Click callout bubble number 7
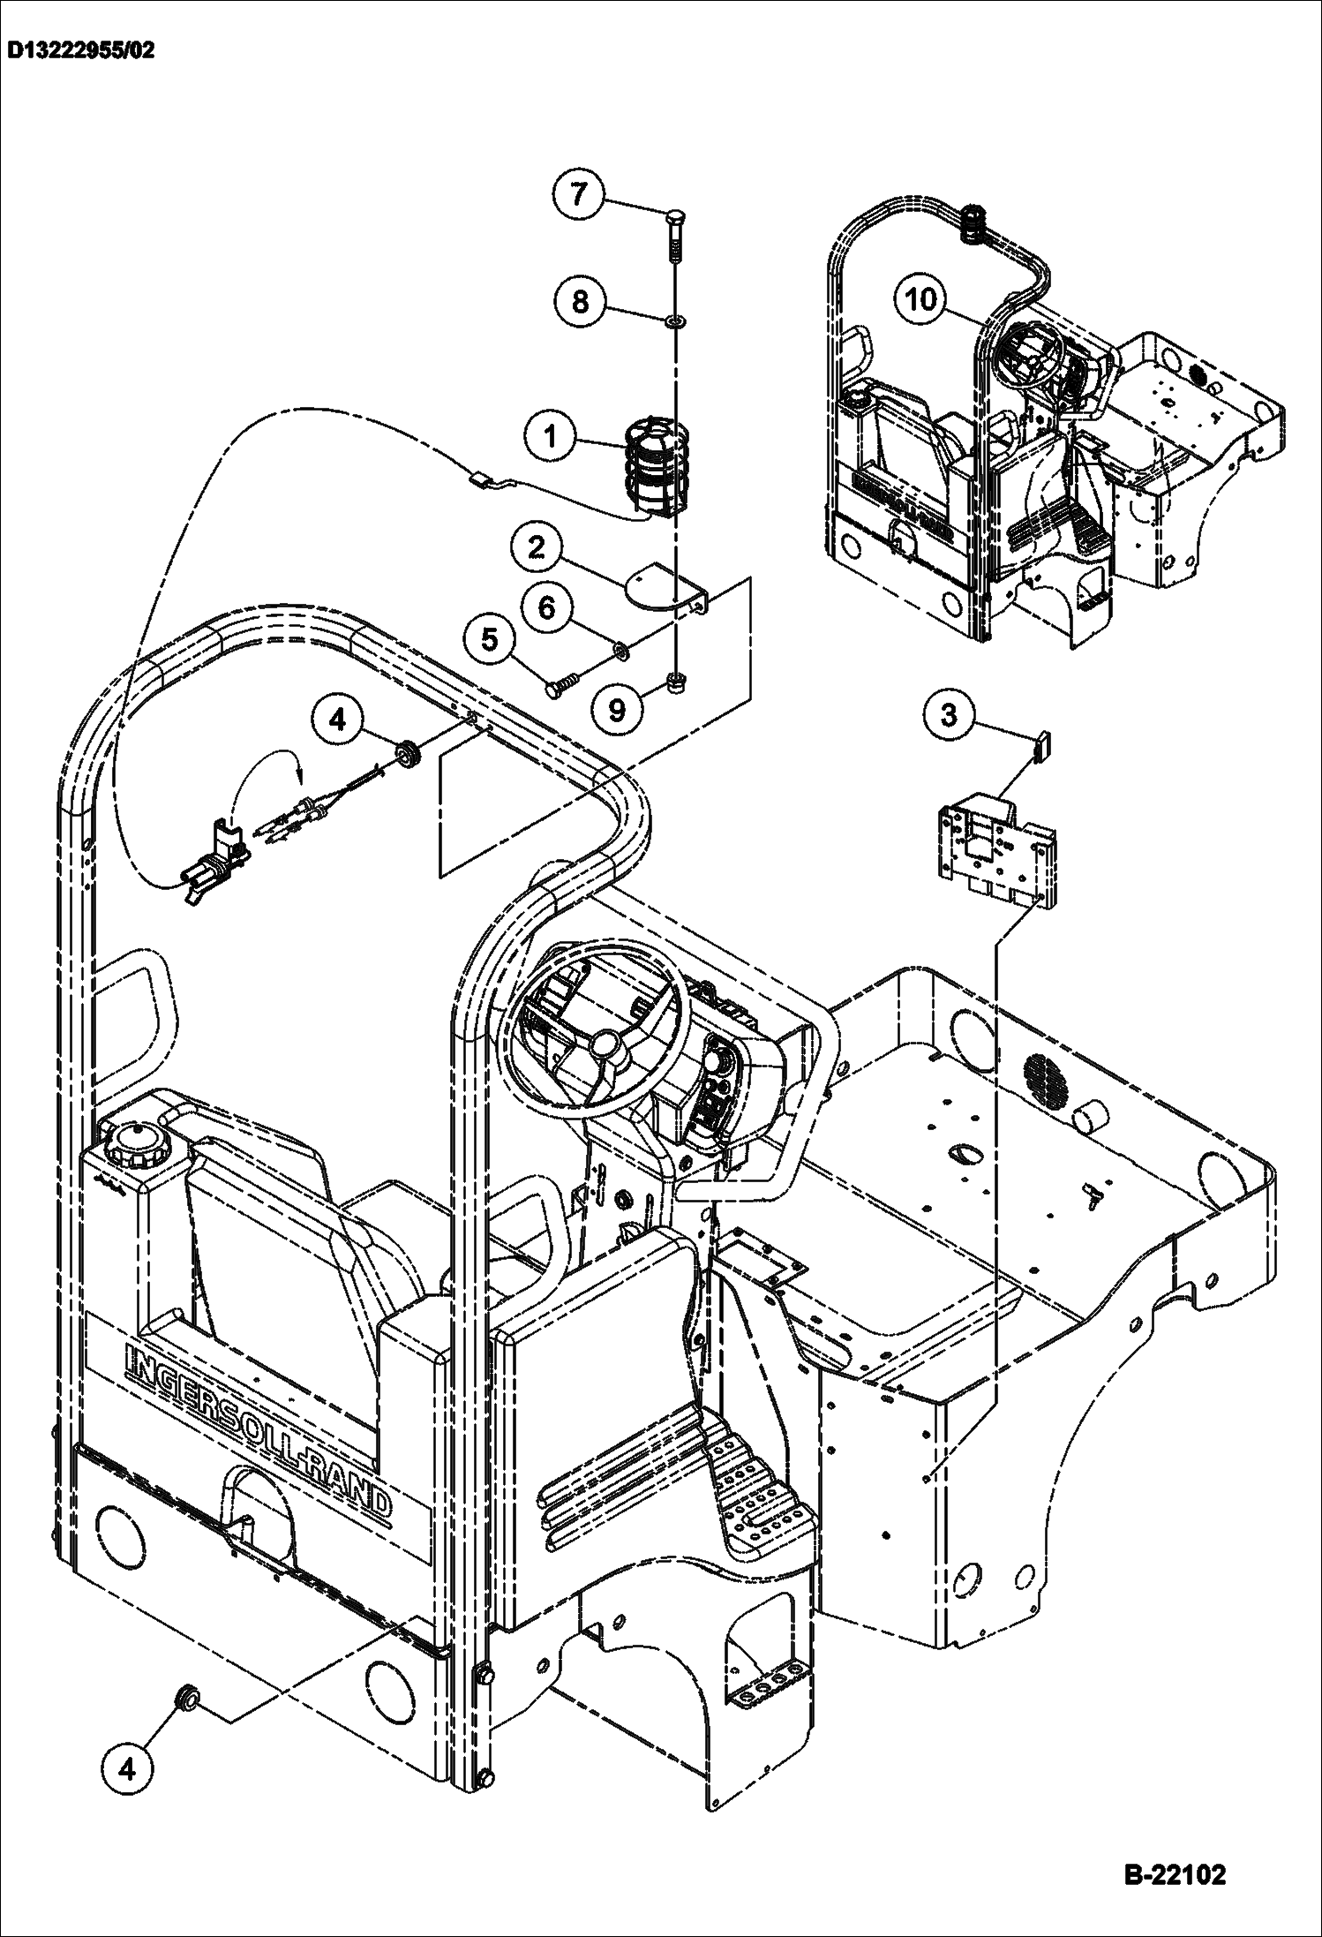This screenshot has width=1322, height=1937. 579,193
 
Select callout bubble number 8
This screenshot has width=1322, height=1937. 580,302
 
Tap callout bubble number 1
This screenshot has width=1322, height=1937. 551,437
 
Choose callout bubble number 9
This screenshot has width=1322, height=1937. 617,708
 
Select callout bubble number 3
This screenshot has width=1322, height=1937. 949,714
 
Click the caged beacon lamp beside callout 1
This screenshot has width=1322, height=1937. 656,469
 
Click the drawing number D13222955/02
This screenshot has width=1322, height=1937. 80,51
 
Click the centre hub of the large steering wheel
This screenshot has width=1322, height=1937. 605,1044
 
